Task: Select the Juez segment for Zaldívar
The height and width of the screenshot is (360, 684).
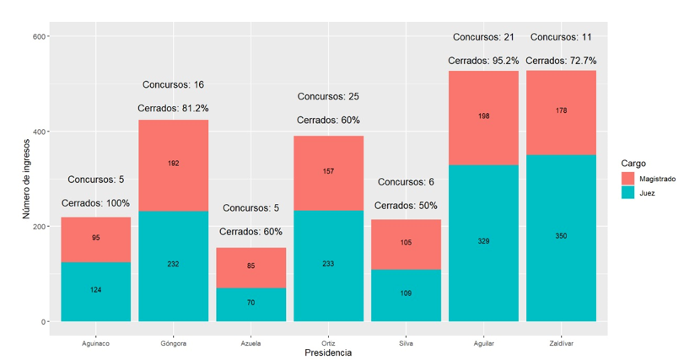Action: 561,253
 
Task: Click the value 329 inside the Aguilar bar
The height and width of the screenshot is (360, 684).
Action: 483,241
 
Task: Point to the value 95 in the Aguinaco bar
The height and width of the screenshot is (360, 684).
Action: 96,238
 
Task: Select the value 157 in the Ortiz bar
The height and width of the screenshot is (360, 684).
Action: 328,171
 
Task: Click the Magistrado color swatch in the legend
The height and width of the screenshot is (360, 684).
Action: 627,179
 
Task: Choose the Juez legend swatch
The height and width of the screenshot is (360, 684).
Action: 627,193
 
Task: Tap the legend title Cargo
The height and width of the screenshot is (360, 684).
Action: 633,163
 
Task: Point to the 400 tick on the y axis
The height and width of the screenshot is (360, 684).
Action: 39,132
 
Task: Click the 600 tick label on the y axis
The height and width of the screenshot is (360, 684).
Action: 39,36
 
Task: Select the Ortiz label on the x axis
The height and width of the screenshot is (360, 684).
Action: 328,343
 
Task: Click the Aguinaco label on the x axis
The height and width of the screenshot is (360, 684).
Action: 95,343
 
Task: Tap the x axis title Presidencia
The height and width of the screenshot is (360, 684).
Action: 327,353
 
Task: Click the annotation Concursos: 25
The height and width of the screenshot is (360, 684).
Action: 328,97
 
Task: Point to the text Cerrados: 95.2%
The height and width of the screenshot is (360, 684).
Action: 483,61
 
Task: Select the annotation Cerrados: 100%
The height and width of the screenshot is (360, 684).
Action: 96,203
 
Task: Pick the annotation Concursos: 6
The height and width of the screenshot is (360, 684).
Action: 407,182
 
